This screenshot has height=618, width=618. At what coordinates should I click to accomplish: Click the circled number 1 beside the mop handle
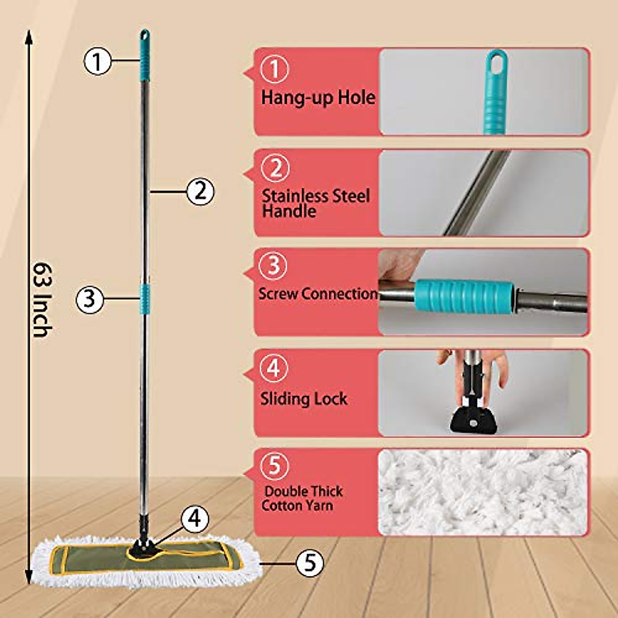tap(97, 61)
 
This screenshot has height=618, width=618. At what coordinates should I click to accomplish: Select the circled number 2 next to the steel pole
tap(200, 192)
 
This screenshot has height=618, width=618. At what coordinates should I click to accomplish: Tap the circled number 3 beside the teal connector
tap(90, 298)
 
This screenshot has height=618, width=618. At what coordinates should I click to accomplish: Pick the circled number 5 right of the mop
tap(310, 563)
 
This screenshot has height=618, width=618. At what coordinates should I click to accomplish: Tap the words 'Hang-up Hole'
tap(318, 97)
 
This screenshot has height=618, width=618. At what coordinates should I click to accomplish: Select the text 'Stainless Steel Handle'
tap(315, 203)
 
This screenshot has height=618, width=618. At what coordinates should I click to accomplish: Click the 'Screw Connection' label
tap(318, 294)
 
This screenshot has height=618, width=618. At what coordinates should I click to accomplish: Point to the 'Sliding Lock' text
tap(303, 399)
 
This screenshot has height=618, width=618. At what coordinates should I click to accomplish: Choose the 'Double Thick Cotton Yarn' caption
tap(302, 498)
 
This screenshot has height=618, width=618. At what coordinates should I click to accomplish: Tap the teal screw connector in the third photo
tap(465, 296)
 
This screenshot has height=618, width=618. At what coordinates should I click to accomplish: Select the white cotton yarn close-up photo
tap(483, 492)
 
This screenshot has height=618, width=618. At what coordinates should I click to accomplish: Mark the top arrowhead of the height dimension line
tap(29, 35)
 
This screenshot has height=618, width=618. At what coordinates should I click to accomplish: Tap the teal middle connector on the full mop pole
tap(145, 299)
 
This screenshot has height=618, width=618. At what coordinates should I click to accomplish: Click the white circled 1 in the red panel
tap(274, 69)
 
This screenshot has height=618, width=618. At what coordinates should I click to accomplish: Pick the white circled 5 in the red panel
tap(274, 465)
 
